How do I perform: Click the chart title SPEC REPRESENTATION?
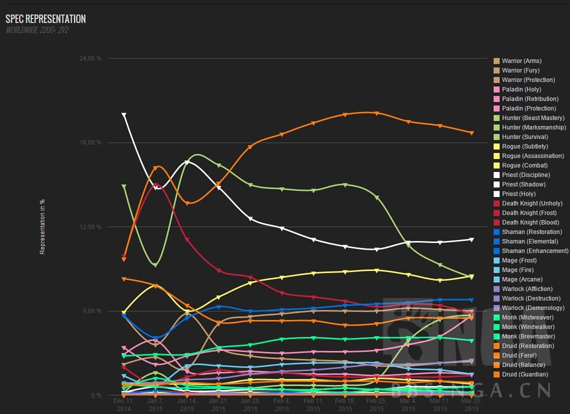click(x=45, y=19)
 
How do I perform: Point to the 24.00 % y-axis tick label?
click(x=90, y=58)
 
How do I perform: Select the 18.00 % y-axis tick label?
click(x=90, y=142)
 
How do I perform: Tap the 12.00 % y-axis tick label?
click(x=90, y=227)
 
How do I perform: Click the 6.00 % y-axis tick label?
click(x=91, y=311)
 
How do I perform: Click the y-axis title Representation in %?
click(x=42, y=227)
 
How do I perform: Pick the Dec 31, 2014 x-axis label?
click(x=123, y=404)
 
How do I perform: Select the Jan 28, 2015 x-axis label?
click(x=251, y=404)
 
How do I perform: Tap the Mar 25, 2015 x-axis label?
click(x=471, y=404)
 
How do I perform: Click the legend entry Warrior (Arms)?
click(x=522, y=61)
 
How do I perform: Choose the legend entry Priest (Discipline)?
click(x=526, y=175)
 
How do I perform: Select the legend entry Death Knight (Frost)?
click(x=529, y=213)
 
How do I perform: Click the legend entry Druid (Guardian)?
click(x=525, y=374)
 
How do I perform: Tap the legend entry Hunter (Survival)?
click(x=525, y=137)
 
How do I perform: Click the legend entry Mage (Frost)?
click(x=519, y=260)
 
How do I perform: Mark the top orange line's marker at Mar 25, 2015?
click(x=471, y=133)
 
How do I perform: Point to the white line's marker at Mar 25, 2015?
click(x=471, y=239)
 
